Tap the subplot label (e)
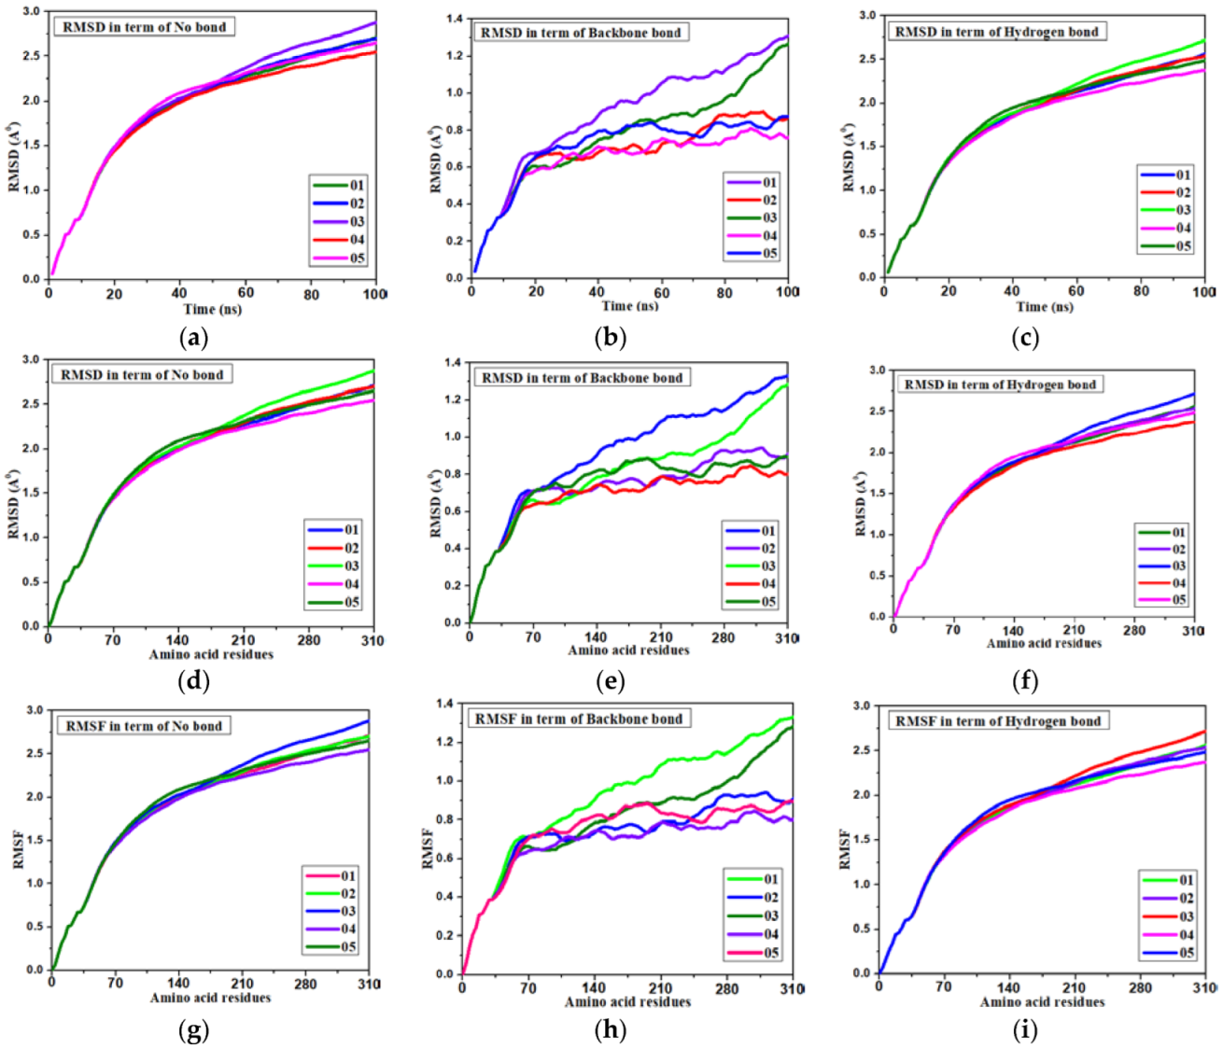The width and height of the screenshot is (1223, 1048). (610, 681)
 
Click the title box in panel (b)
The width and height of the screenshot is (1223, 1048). (581, 33)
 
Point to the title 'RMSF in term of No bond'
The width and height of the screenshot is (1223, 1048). (144, 726)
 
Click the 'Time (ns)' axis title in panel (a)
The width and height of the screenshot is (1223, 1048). (213, 310)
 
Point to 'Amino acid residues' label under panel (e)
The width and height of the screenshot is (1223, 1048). (628, 650)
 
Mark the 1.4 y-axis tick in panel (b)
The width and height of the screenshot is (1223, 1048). (455, 19)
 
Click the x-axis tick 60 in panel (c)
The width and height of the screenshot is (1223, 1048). (1075, 291)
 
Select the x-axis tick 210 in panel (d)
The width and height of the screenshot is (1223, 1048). (244, 640)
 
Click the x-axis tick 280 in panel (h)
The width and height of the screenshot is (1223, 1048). (726, 989)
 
